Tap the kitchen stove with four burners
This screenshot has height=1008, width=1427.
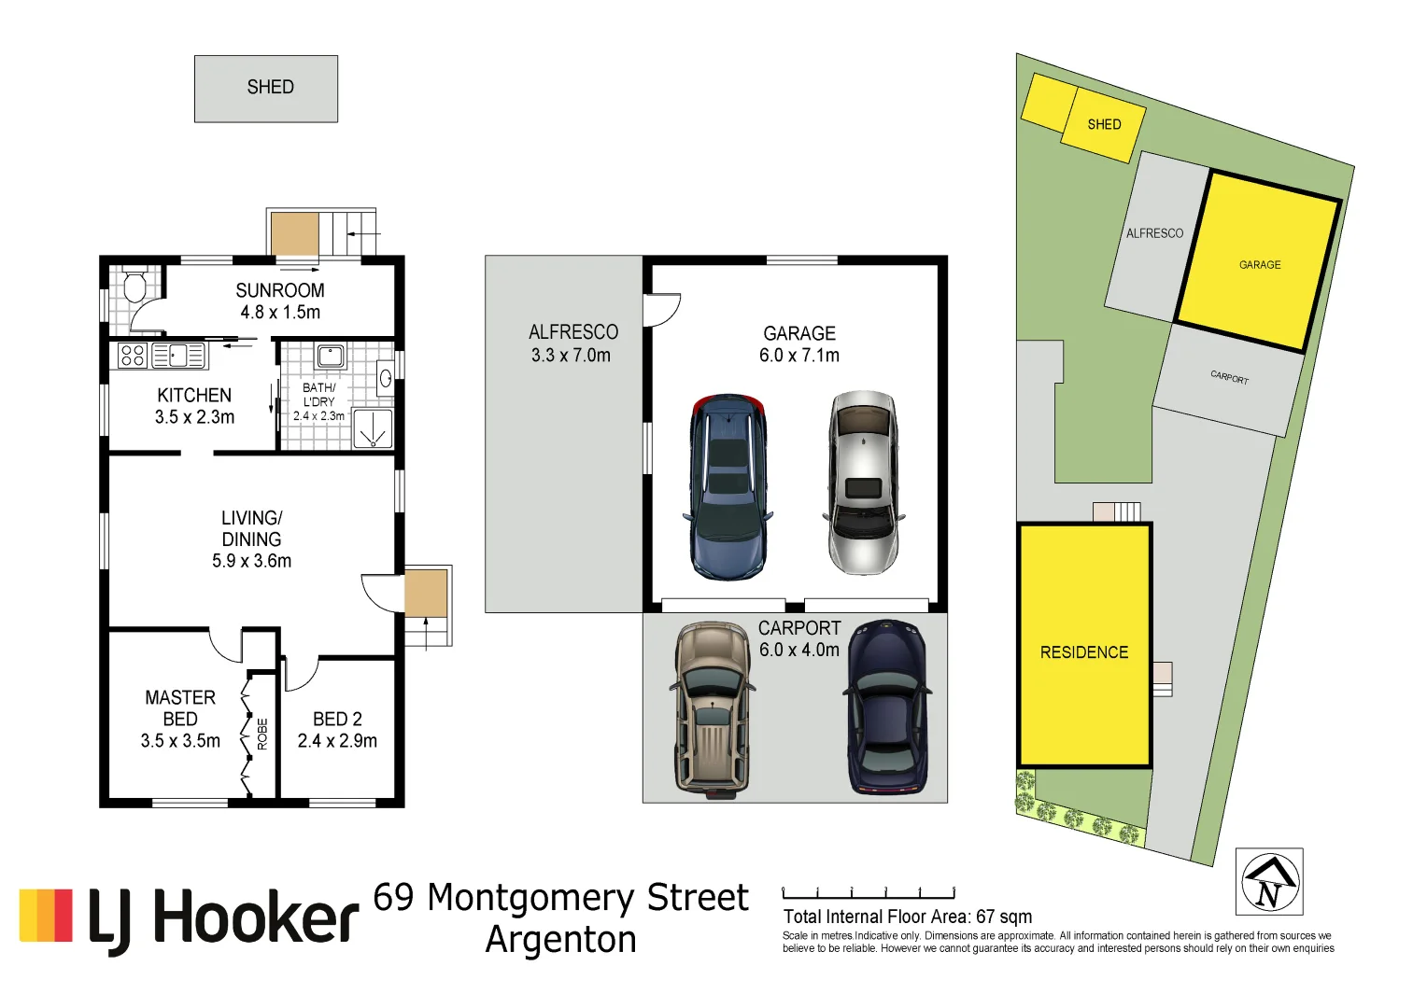point(133,355)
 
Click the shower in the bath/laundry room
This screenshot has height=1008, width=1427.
point(373,428)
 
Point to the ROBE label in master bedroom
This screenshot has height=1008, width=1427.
point(262,734)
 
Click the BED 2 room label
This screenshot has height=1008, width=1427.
point(337,719)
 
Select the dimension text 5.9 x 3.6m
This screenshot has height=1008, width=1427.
point(251,561)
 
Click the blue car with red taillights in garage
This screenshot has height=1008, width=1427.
point(728,485)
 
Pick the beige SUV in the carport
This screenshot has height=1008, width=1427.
point(712,709)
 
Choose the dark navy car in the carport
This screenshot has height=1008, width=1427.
point(887,707)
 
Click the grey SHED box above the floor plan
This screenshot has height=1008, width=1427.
point(266,89)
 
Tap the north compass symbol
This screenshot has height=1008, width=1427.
point(1269,882)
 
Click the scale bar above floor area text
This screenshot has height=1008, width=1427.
point(869,893)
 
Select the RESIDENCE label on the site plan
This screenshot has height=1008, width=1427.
point(1083,652)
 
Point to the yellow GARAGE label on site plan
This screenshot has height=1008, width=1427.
point(1259,265)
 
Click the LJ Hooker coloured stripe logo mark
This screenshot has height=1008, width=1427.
point(46,916)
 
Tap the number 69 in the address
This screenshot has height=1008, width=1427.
point(393,897)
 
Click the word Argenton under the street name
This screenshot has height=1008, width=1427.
point(560,939)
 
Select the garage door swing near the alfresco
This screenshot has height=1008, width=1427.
point(662,309)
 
